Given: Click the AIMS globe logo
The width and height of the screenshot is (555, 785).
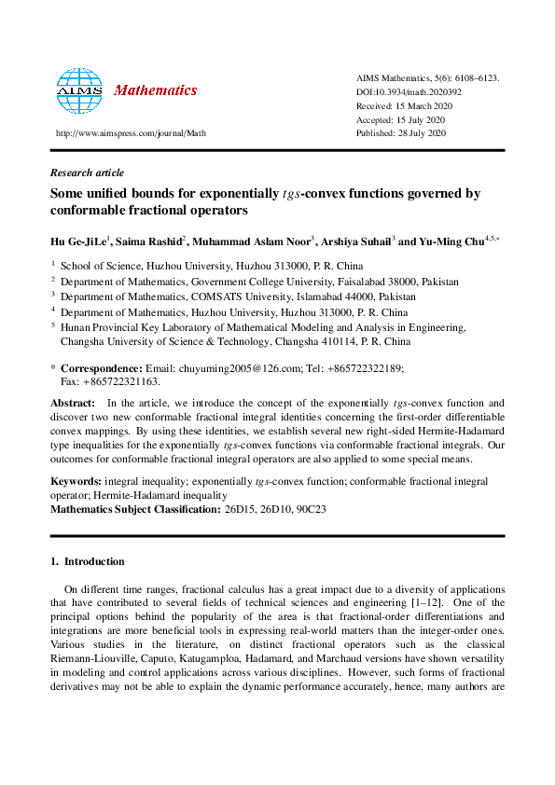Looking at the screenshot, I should [78, 90].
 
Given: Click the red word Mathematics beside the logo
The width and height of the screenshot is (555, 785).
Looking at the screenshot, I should [155, 90].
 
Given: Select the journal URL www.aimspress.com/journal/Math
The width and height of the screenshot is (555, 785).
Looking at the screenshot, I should [131, 133].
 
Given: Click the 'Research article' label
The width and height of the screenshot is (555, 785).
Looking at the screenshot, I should [87, 172].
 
